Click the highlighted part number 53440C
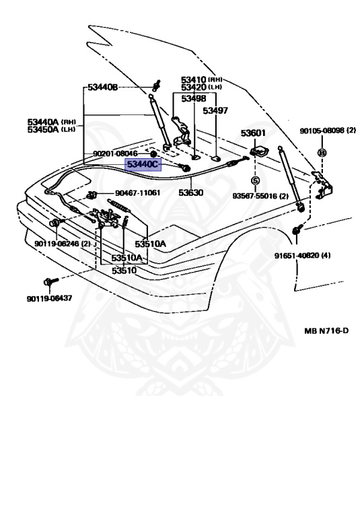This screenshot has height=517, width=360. (143, 164)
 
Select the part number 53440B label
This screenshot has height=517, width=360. (102, 88)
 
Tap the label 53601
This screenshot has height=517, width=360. (253, 133)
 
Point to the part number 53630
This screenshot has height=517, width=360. (191, 193)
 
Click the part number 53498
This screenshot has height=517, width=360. (194, 98)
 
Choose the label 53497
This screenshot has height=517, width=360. (215, 110)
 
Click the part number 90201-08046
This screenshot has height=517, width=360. (115, 153)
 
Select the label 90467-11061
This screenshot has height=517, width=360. (137, 193)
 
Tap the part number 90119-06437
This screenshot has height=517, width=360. (49, 298)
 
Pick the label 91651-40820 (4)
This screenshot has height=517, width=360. (303, 256)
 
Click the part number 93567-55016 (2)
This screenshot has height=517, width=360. (260, 196)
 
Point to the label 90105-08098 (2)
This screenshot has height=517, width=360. (328, 131)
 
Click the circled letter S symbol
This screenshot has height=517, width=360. (255, 180)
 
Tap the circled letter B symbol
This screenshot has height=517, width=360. (322, 153)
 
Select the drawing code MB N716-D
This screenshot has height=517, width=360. (326, 331)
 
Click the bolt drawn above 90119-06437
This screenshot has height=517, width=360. (50, 281)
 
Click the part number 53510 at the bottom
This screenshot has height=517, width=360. (124, 271)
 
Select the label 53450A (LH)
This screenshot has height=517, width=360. (51, 129)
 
